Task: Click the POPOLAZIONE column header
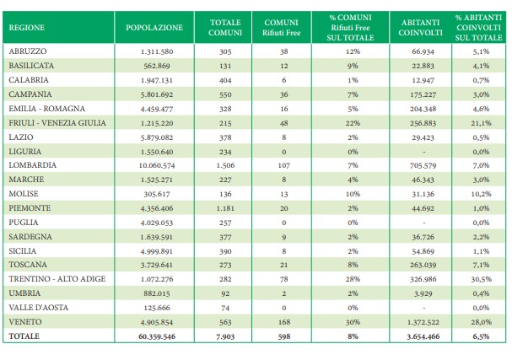click(x=154, y=28)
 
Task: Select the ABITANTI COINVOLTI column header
click(x=420, y=28)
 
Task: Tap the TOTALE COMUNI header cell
click(x=225, y=28)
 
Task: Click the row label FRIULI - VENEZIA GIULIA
click(x=57, y=123)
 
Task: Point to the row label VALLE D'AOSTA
click(x=38, y=308)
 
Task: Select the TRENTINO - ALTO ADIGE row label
click(x=57, y=279)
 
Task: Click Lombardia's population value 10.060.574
click(x=157, y=165)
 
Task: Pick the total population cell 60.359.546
click(x=157, y=336)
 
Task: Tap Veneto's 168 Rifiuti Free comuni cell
click(x=283, y=322)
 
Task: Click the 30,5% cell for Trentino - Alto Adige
click(x=481, y=279)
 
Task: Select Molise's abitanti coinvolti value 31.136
click(x=423, y=194)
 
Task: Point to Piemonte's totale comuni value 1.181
click(x=225, y=209)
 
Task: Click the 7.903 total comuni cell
click(x=225, y=336)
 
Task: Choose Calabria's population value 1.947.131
click(x=157, y=80)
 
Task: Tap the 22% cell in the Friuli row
click(x=353, y=123)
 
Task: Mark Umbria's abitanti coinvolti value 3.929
click(x=423, y=293)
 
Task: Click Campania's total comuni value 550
click(x=225, y=94)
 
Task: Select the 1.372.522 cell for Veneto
click(x=423, y=322)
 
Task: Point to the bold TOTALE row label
click(x=24, y=336)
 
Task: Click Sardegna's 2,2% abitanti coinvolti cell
click(x=481, y=237)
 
